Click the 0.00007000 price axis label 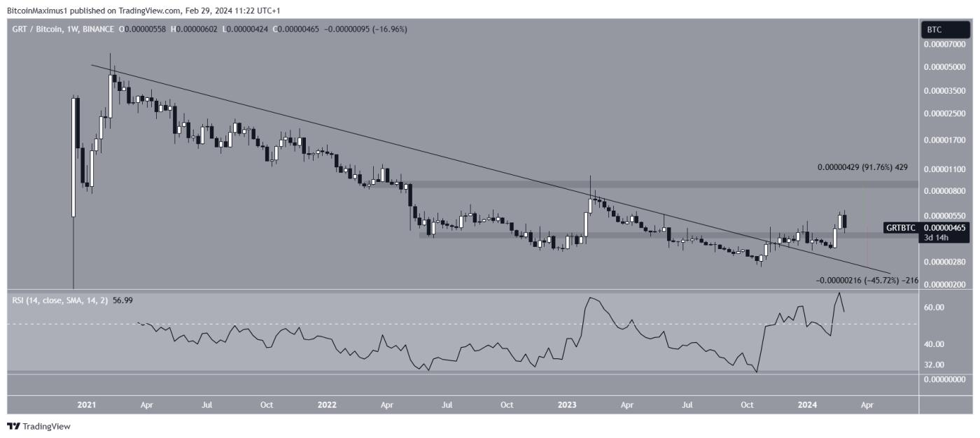point(945,44)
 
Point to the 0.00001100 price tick point(945,169)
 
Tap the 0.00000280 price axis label point(945,262)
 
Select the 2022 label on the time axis point(326,405)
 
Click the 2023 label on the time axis point(567,405)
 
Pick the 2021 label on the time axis point(87,405)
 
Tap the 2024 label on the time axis point(808,405)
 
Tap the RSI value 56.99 point(108,300)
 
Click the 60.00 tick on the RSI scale point(934,307)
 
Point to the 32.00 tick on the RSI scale point(934,365)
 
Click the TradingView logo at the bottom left point(39,426)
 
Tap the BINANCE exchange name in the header point(101,29)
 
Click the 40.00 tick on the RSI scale point(934,344)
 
